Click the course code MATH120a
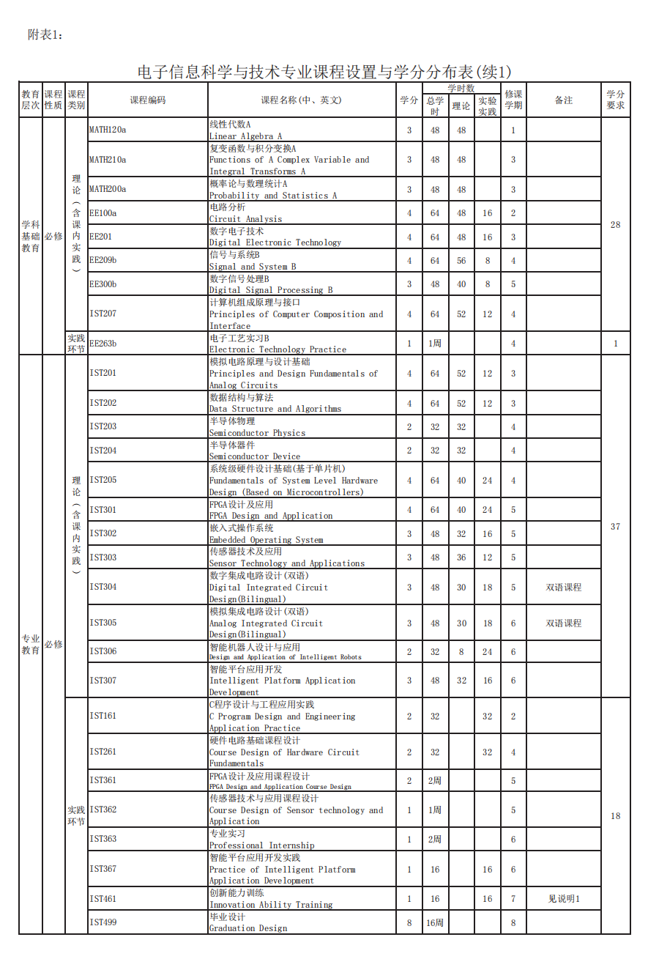coord(108,130)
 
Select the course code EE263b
coord(103,343)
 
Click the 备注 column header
coord(563,100)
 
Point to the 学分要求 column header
coord(615,100)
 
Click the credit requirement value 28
coord(615,225)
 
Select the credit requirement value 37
coord(615,527)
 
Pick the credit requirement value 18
coord(615,816)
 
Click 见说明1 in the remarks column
coord(563,899)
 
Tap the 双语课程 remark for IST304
coord(563,588)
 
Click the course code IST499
coord(103,922)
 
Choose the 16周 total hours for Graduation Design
coord(435,923)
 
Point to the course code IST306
coord(103,651)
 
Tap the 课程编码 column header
coord(148,100)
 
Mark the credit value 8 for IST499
coord(409,923)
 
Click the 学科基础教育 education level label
coord(31,236)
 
